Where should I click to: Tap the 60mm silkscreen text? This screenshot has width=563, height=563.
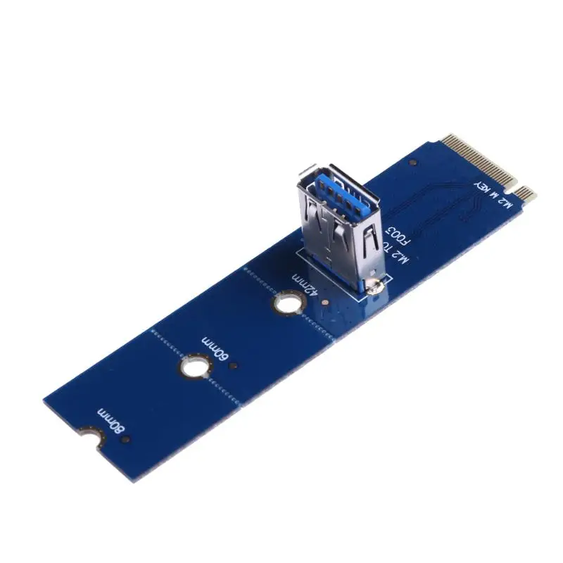215,348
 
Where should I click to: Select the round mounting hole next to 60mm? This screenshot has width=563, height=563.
194,368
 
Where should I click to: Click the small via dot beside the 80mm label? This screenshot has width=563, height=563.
126,439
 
